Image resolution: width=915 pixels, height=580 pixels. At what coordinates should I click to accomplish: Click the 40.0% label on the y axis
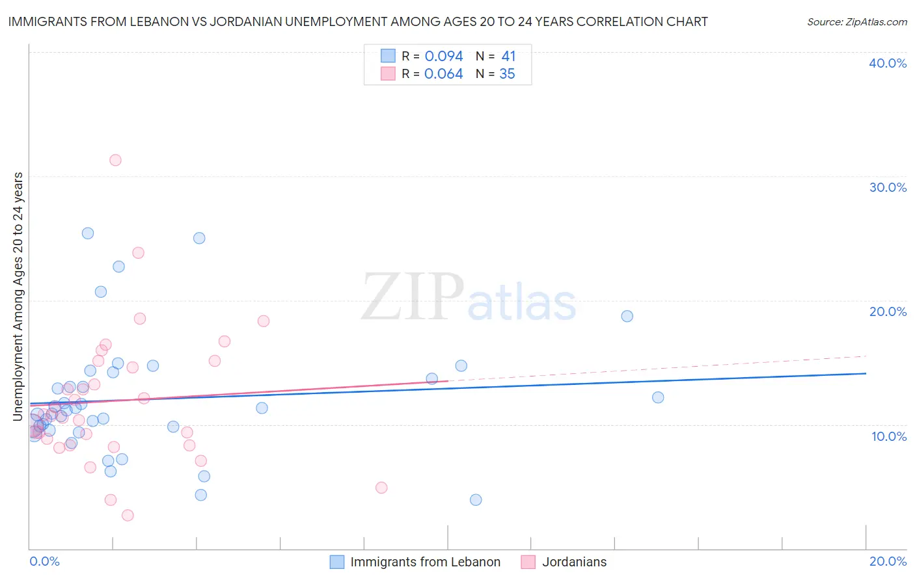(x=888, y=63)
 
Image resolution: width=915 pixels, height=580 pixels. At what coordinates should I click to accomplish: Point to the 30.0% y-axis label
(x=888, y=187)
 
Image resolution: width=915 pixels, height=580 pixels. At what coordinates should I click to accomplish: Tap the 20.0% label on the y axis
(x=888, y=311)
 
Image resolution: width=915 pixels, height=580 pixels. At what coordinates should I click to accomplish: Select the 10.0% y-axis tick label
(x=889, y=436)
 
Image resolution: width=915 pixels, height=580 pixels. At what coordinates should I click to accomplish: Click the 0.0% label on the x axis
(x=44, y=561)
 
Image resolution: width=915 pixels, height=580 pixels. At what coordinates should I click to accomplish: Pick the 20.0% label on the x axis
(x=888, y=561)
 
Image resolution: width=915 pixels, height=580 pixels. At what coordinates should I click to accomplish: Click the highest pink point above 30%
(x=115, y=160)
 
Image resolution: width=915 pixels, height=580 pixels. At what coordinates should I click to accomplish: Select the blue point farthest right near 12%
(x=658, y=397)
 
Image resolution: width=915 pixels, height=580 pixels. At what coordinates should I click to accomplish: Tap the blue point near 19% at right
(x=627, y=316)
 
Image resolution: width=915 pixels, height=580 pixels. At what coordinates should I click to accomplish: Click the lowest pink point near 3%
(x=128, y=515)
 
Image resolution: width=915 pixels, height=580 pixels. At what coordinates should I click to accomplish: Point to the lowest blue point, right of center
(x=476, y=499)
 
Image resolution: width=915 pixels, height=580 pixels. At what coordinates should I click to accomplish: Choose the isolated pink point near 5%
(x=381, y=488)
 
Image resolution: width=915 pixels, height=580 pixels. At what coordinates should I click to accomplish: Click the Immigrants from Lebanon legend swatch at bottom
(x=336, y=562)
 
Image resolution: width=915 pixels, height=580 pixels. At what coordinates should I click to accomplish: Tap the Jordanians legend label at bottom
(x=574, y=562)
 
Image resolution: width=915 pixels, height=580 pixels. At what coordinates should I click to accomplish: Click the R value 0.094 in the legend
(x=444, y=57)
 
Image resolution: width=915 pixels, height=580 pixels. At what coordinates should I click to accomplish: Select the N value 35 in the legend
(x=507, y=74)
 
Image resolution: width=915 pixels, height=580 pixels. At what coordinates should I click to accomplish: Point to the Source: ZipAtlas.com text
(x=856, y=21)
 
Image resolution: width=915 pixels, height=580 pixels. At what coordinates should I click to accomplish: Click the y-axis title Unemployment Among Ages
(x=18, y=296)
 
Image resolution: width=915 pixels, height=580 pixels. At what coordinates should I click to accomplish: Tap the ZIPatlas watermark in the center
(x=469, y=298)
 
